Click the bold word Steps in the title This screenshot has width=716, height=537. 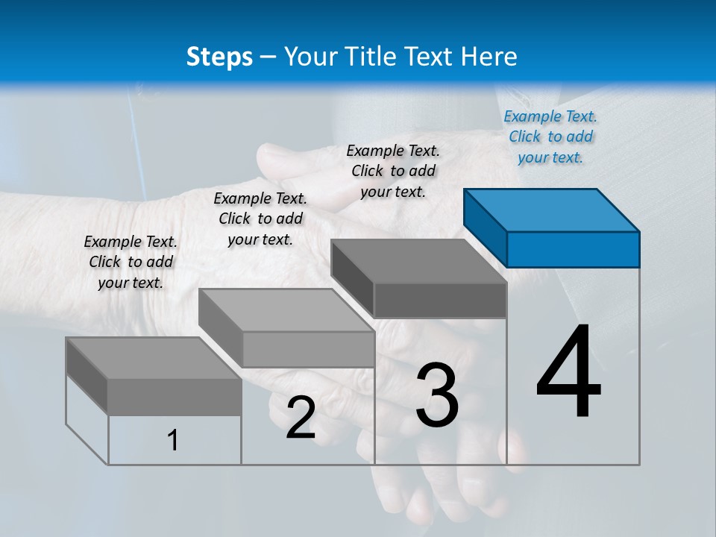click(x=219, y=57)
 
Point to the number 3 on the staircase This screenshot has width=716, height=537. click(x=437, y=395)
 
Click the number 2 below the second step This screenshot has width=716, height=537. click(x=301, y=418)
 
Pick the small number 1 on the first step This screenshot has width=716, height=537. click(x=173, y=440)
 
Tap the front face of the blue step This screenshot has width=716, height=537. click(x=573, y=249)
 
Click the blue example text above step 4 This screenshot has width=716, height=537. click(x=550, y=136)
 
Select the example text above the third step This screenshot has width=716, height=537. click(x=393, y=171)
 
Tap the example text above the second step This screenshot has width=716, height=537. click(x=260, y=219)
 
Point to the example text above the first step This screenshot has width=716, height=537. click(x=131, y=262)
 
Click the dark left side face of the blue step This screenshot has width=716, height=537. click(x=485, y=228)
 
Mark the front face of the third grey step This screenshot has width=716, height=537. click(x=440, y=301)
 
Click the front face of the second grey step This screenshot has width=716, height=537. click(x=308, y=349)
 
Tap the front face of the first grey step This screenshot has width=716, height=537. click(x=175, y=397)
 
